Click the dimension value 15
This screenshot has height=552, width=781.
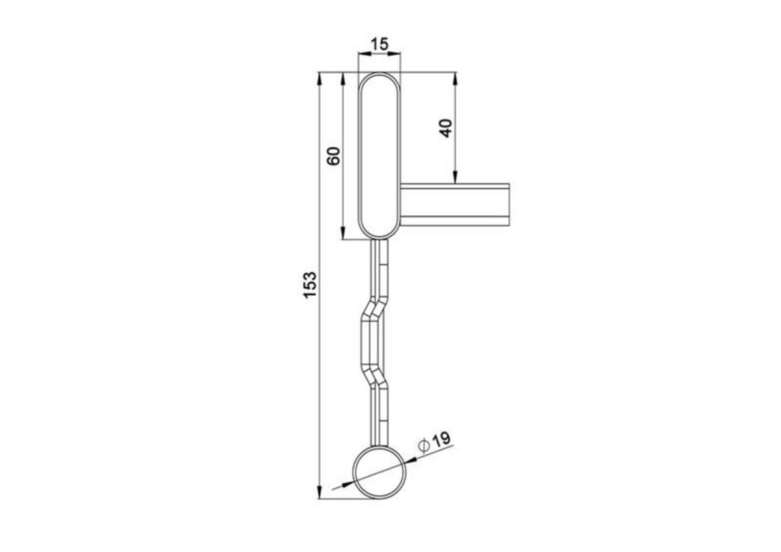tap(379, 44)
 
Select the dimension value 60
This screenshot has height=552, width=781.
tap(334, 156)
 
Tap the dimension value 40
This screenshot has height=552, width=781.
tap(446, 128)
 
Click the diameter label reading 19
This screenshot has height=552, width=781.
tap(441, 441)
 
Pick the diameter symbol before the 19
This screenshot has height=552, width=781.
tap(424, 446)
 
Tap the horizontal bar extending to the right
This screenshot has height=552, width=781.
tap(455, 205)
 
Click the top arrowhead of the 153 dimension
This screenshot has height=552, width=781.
tap(319, 79)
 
